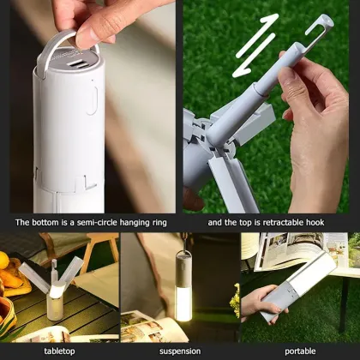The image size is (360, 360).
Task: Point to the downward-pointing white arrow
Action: (x=253, y=61)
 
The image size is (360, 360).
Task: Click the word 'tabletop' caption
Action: (x=59, y=351)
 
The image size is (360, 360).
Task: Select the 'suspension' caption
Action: (x=179, y=351)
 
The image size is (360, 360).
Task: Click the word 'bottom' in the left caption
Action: (x=45, y=223)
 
